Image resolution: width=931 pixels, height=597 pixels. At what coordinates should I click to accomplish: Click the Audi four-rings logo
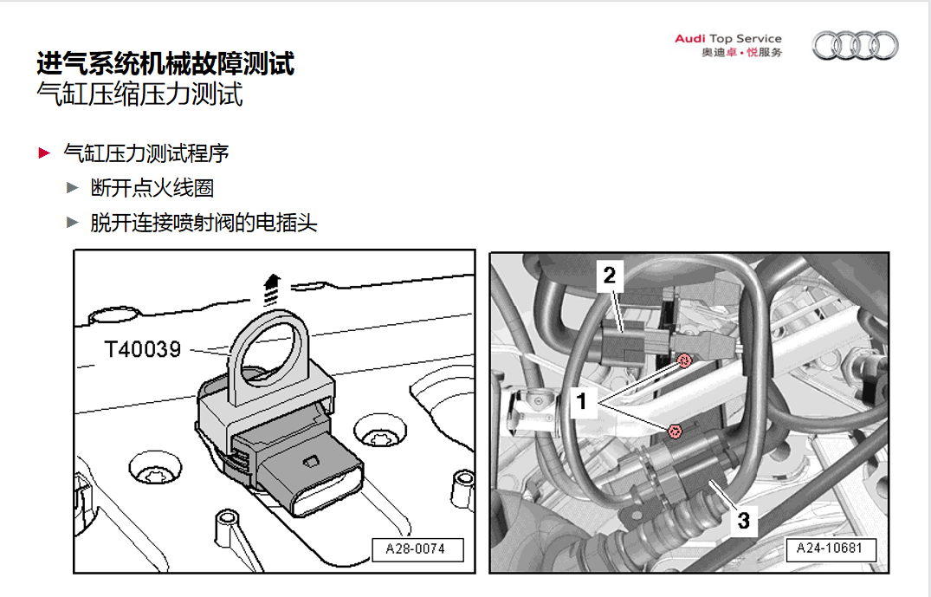pos(855,46)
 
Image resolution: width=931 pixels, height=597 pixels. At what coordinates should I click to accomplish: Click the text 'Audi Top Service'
pos(727,38)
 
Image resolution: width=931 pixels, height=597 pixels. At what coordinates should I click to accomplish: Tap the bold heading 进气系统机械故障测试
pos(165,63)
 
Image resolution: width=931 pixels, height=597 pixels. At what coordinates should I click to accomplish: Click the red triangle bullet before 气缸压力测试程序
pos(44,154)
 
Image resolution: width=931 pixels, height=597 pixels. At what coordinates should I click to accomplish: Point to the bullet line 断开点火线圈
pos(152,188)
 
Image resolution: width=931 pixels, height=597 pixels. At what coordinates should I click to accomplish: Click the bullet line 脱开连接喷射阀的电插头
pos(204,224)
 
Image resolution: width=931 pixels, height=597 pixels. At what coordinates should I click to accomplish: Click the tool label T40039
pos(142,349)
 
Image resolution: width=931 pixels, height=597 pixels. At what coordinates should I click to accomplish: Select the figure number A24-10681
pos(831,549)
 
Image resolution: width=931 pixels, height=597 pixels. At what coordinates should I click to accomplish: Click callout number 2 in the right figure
pos(610,276)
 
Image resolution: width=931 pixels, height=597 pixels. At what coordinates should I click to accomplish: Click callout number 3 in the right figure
pos(743,521)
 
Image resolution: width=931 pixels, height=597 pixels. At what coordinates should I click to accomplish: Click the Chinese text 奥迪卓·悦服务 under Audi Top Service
pos(741,53)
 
